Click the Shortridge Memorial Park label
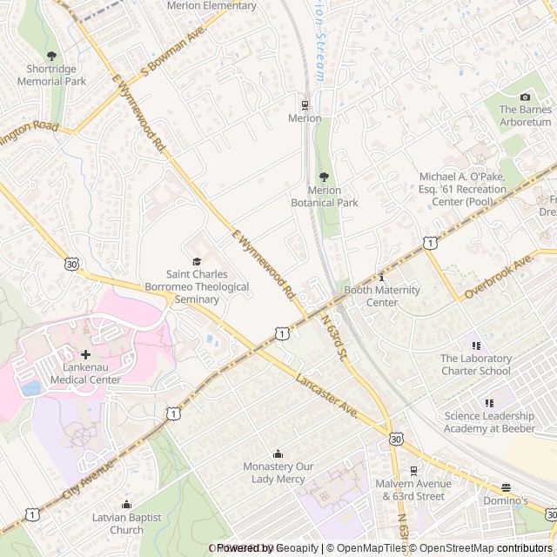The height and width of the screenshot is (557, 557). (51, 75)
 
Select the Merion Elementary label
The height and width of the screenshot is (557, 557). (212, 6)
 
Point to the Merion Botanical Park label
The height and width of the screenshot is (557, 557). (324, 197)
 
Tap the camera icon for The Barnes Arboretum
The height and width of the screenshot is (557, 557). (525, 97)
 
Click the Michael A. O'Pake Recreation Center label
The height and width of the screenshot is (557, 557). (462, 189)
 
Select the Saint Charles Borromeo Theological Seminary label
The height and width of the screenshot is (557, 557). (197, 286)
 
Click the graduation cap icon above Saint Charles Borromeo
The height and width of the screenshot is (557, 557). (197, 261)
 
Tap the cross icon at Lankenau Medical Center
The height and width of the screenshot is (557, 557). (85, 354)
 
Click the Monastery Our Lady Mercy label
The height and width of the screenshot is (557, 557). (278, 473)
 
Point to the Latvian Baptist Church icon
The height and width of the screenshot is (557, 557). (126, 505)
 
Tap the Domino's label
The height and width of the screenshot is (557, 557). (506, 501)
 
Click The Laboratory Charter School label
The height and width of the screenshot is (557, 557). (475, 365)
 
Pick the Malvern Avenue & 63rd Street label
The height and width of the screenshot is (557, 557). (410, 490)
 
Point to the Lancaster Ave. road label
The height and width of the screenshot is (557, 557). (327, 396)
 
